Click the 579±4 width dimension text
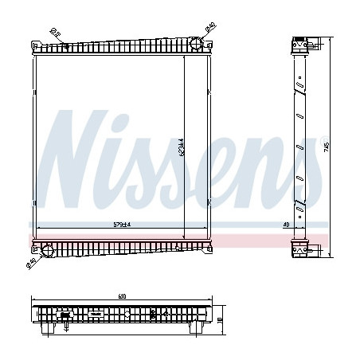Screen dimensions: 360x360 pyautogui.click(x=122, y=225)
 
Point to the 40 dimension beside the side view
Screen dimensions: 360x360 pyautogui.click(x=284, y=225)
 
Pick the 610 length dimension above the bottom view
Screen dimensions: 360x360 pyautogui.click(x=122, y=296)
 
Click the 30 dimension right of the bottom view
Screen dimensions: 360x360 pyautogui.click(x=221, y=319)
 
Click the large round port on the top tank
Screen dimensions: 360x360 pyautogui.click(x=195, y=45)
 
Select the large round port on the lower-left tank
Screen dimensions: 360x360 pyautogui.click(x=47, y=252)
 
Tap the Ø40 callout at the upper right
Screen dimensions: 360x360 pyautogui.click(x=209, y=29)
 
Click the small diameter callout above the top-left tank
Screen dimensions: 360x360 pyautogui.click(x=54, y=33)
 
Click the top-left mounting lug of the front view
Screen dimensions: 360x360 pyautogui.click(x=34, y=45)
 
